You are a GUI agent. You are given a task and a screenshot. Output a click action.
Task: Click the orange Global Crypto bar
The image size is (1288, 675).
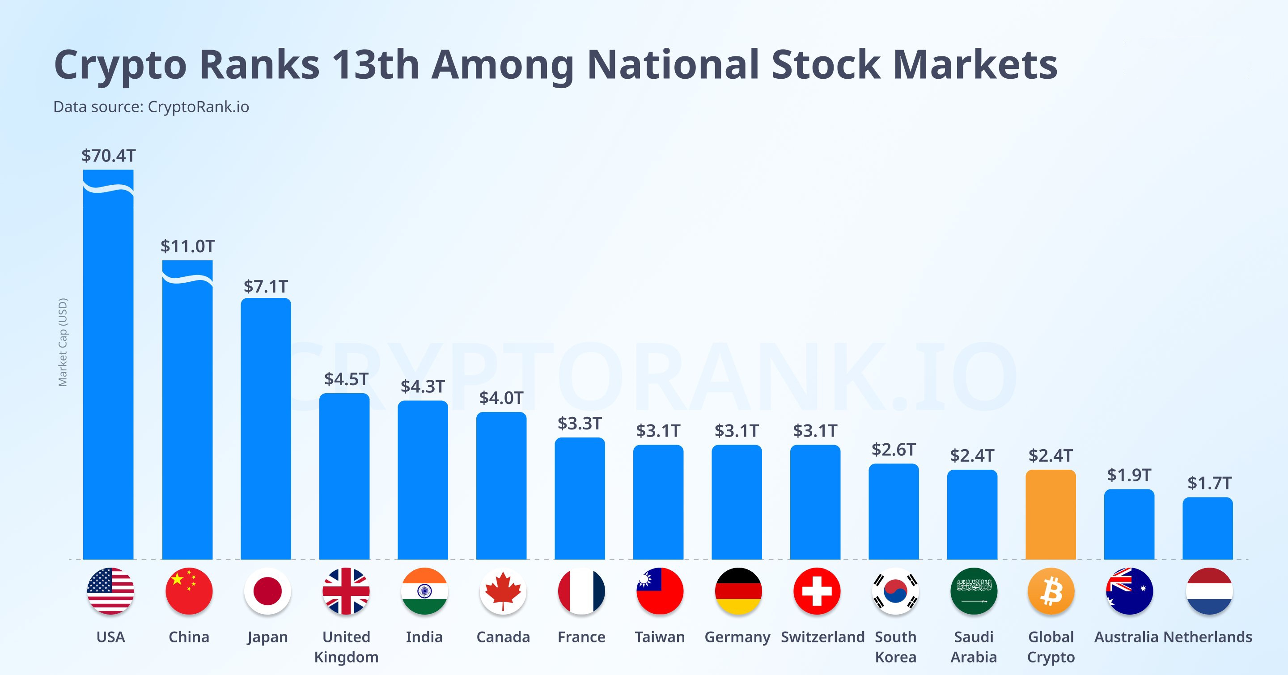[1051, 514]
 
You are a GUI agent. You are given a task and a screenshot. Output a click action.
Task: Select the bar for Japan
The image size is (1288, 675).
[266, 429]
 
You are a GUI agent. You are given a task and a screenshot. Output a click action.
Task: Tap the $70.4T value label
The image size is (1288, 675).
[109, 156]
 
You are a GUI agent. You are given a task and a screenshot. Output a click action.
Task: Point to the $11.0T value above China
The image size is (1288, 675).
[187, 246]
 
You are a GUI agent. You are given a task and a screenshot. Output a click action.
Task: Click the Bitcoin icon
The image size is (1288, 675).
[1051, 591]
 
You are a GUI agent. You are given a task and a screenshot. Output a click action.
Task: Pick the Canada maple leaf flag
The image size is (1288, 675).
[503, 591]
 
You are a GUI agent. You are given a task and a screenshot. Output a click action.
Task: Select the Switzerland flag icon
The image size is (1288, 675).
[817, 591]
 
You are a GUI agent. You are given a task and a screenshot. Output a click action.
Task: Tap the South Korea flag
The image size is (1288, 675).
[895, 591]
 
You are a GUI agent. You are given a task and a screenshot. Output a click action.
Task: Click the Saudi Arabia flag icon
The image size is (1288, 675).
[974, 591]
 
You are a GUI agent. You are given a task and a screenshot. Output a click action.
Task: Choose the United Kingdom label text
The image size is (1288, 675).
[346, 646]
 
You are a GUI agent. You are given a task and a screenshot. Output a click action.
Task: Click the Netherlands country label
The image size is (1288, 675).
[1207, 637]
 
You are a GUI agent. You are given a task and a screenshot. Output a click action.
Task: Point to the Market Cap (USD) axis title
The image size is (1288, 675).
[63, 342]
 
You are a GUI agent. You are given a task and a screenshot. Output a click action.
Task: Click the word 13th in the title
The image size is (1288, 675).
[376, 64]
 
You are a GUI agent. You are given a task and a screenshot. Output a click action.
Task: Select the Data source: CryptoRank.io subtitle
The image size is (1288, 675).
[151, 106]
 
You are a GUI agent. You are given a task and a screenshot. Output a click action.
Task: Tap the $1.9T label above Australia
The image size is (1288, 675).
[1129, 475]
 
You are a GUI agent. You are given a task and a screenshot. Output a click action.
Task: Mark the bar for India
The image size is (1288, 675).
[423, 480]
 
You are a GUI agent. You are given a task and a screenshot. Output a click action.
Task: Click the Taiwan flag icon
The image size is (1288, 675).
[660, 591]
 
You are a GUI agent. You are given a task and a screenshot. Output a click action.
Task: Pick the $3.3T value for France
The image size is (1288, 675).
[580, 423]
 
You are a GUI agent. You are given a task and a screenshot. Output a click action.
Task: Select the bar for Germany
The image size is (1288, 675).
[737, 502]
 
